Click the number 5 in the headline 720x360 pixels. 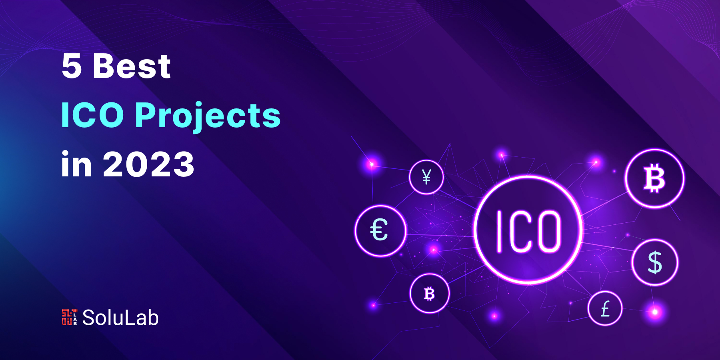72,66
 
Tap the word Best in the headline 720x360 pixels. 132,66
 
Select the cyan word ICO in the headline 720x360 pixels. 92,115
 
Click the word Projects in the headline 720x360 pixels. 208,116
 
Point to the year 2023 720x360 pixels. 148,164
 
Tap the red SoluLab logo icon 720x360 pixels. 69,317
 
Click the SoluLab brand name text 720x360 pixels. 120,318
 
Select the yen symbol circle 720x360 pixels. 426,177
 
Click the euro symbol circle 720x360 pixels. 380,231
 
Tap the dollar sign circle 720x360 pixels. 655,262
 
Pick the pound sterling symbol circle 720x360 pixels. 605,308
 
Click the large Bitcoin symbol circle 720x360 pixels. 655,179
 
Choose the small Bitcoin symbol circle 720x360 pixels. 430,294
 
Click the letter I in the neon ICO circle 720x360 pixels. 499,232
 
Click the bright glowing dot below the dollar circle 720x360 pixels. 655,312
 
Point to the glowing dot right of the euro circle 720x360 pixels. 434,250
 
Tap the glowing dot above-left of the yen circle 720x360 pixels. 372,164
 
